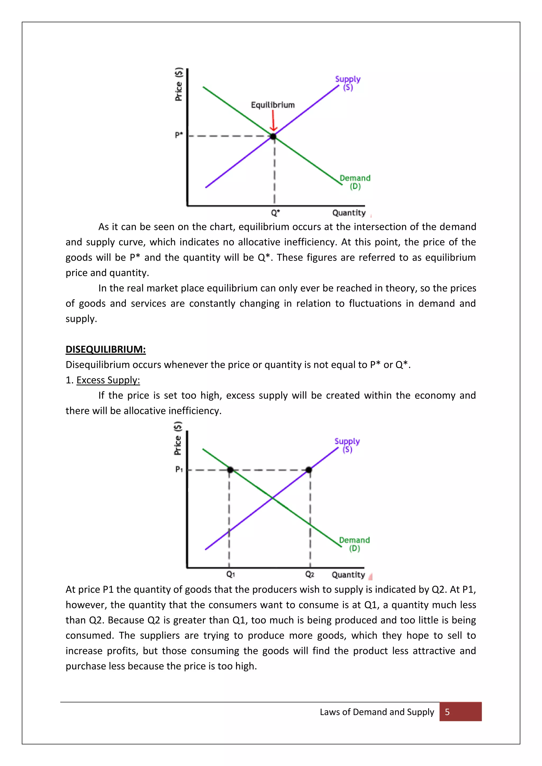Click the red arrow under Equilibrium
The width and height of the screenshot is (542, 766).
[x=273, y=121]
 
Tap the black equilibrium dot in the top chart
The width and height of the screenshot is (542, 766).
[x=273, y=136]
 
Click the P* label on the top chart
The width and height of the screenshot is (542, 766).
[x=179, y=135]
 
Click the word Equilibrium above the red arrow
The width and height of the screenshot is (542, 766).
[x=273, y=105]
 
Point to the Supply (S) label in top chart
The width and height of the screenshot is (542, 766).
[x=348, y=83]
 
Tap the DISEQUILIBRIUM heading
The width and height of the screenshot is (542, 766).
[x=106, y=349]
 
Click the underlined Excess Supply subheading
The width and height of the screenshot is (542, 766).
[x=108, y=380]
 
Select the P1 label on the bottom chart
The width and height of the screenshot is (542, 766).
[x=179, y=469]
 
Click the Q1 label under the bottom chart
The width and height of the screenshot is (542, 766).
[x=231, y=574]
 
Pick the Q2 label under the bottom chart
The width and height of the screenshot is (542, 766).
[x=309, y=574]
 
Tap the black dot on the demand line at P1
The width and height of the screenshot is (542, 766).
[x=230, y=470]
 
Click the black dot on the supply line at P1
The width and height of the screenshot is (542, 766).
[x=309, y=470]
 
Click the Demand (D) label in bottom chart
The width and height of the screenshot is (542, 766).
[x=354, y=544]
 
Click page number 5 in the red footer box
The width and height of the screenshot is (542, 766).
[x=447, y=712]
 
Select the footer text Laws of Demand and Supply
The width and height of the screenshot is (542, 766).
[x=377, y=712]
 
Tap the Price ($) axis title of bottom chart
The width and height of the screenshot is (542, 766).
[x=178, y=438]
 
